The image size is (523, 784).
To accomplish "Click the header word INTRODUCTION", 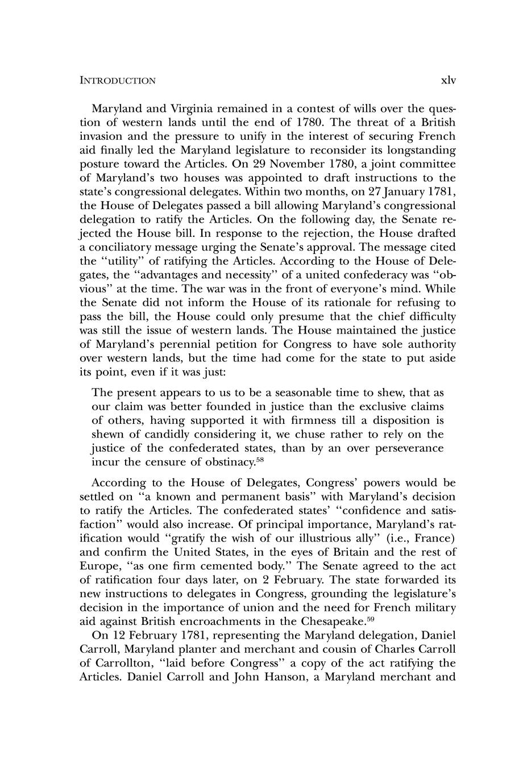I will coord(118,81).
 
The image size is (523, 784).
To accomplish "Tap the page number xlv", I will coord(449,80).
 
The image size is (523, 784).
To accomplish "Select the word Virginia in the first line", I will coord(182,109).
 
